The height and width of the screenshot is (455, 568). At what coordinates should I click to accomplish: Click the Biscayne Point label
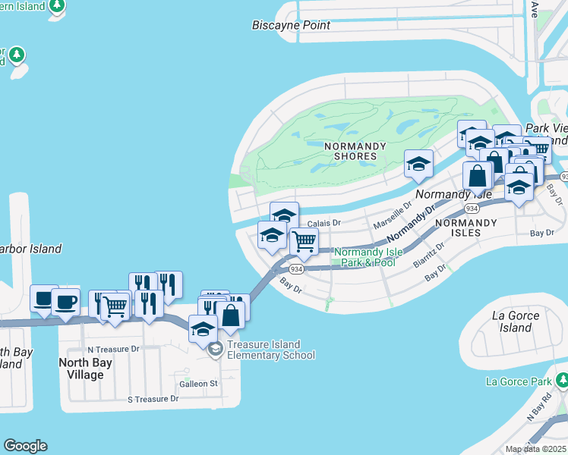pos(292,25)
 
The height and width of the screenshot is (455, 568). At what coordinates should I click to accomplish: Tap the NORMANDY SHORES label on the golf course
pos(350,151)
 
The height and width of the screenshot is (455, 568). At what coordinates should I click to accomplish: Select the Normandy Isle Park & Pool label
pos(365,257)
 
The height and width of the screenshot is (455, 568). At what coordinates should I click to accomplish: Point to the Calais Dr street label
pos(325,223)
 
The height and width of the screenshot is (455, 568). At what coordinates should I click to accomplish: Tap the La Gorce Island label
pos(516,322)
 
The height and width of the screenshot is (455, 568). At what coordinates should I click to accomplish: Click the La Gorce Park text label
pos(519,379)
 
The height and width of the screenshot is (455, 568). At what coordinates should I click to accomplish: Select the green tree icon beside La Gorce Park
pos(563,379)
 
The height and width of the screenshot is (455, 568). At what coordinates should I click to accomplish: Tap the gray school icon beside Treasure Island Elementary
pos(215,349)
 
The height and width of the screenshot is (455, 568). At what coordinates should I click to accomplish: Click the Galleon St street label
pos(197,384)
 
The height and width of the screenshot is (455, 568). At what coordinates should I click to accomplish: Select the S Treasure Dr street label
pos(153,398)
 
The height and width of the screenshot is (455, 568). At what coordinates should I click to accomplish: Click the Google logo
pos(25,446)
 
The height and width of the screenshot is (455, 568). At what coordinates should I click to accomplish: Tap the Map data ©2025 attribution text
pos(535,449)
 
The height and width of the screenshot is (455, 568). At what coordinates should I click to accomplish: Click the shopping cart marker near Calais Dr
pos(304,243)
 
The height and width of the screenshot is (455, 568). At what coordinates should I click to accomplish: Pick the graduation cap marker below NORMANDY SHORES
pos(418,163)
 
